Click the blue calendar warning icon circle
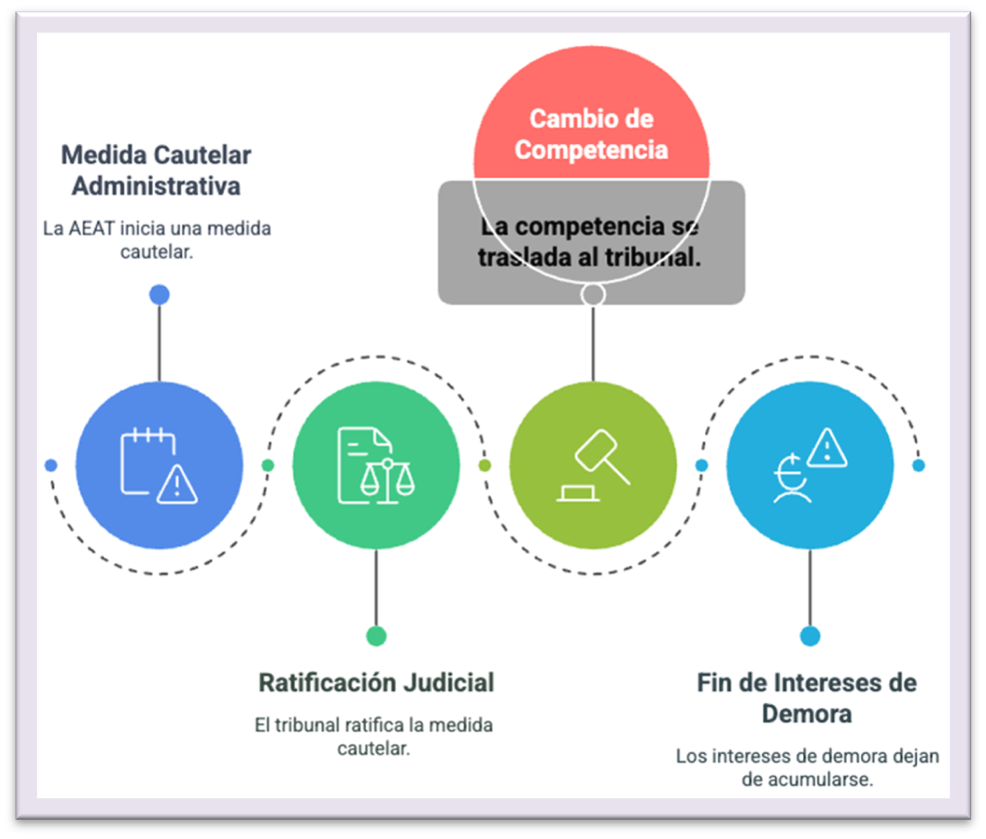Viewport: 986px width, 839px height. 159,464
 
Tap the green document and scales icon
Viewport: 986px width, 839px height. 376,464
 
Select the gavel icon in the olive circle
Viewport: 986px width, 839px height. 592,464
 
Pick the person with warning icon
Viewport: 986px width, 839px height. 809,464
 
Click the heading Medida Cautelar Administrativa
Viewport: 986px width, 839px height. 156,171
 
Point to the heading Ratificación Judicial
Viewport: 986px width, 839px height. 376,683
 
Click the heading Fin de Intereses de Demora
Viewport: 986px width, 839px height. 806,698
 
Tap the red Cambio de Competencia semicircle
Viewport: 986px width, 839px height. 592,125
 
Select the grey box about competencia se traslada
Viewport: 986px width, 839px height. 591,243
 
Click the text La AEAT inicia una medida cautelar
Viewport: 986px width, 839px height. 157,240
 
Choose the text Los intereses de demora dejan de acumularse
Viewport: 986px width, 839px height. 807,767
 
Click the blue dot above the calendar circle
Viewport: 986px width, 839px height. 159,294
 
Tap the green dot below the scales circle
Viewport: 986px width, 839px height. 376,636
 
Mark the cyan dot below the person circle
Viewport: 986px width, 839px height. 809,636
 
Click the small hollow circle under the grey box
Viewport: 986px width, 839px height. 592,294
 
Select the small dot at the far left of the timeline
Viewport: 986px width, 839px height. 51,465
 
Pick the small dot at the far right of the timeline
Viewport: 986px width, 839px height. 919,465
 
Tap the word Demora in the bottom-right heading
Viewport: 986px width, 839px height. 806,714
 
